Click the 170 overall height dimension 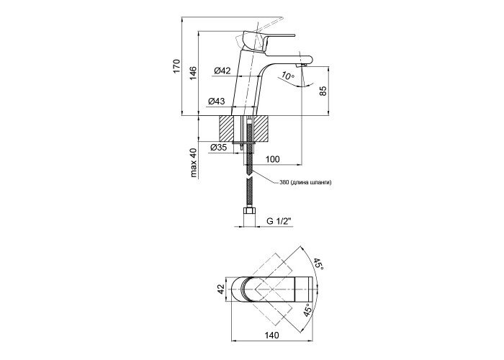coord(177,66)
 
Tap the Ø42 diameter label coord(222,71)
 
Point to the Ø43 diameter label coord(216,102)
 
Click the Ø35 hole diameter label coord(218,148)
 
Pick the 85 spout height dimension coord(323,91)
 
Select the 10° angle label coord(287,76)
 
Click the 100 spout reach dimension coord(273,159)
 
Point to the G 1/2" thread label coord(279,221)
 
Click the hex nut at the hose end coord(249,212)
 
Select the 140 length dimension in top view coord(272,336)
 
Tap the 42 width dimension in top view coord(221,289)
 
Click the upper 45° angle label coord(318,264)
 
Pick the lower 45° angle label coord(307,309)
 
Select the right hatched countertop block coord(261,129)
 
